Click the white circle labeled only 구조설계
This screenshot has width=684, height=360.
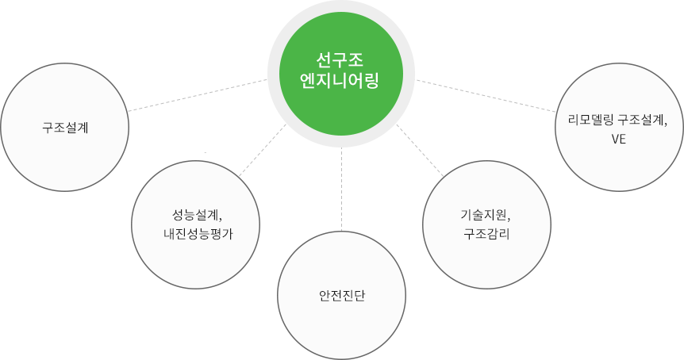click(65, 126)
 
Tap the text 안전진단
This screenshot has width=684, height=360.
click(341, 296)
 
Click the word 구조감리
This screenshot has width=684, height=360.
click(486, 234)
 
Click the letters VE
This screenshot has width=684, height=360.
click(619, 140)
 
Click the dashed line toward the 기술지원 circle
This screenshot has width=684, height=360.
click(437, 167)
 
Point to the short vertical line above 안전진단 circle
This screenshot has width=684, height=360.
click(341, 227)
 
